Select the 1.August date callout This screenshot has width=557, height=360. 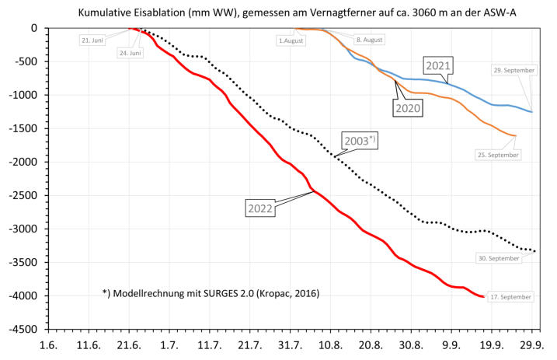point(288,40)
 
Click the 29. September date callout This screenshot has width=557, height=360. point(513,71)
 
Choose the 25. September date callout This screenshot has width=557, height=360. point(499,155)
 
